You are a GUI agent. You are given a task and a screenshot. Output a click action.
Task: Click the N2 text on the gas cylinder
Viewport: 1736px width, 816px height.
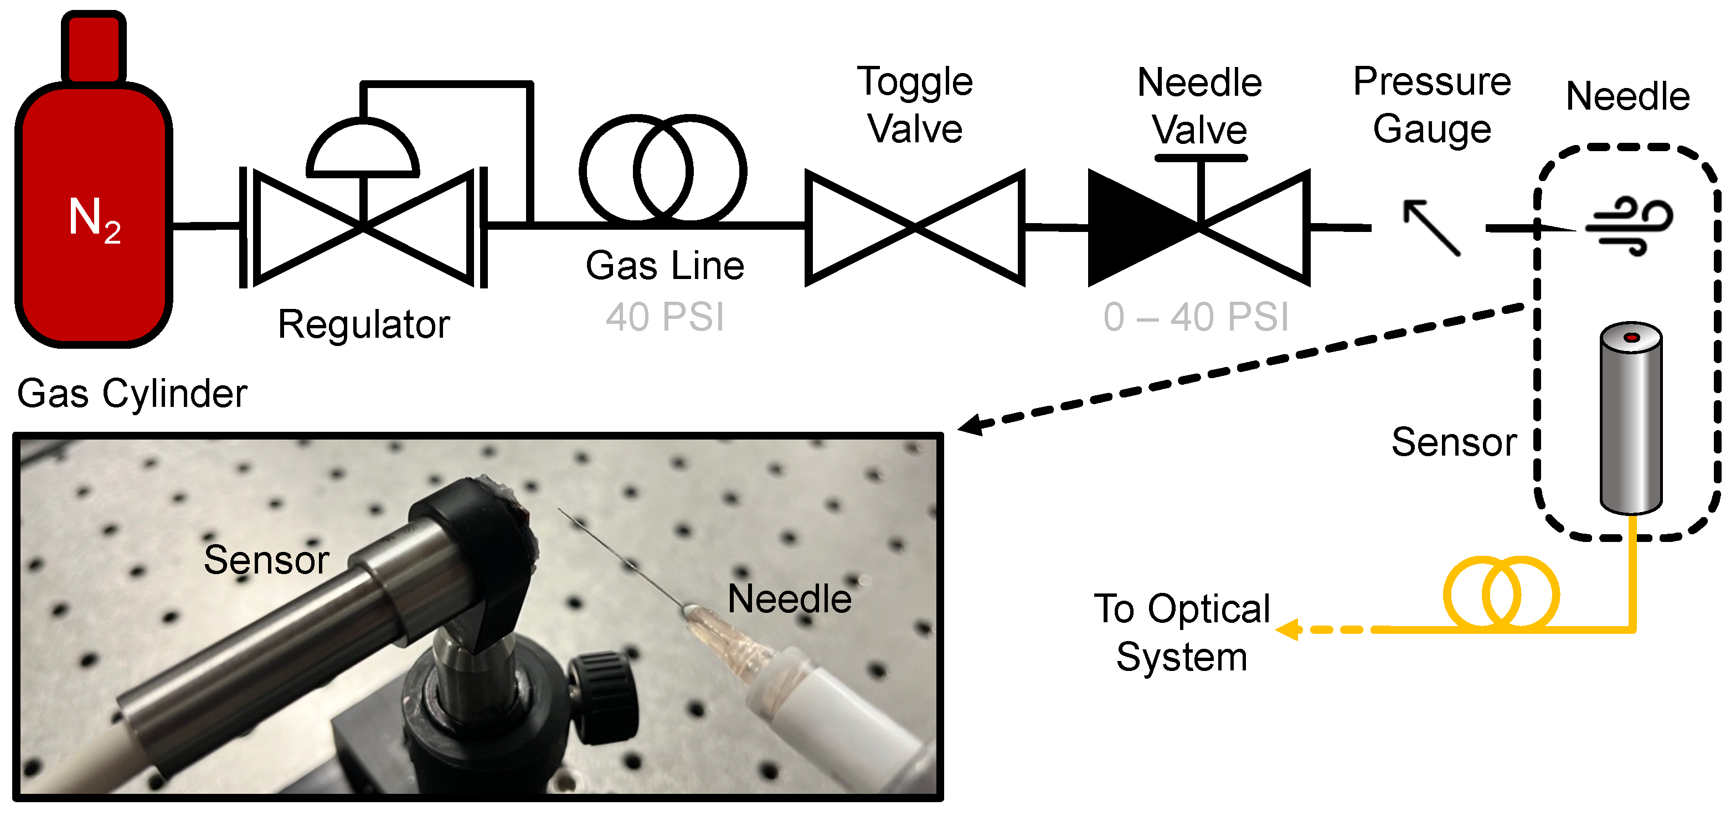pos(94,219)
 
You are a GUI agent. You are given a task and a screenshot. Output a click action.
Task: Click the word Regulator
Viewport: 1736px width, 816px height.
pos(363,325)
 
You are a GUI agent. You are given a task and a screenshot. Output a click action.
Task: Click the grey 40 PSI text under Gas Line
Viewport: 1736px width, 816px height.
pos(664,317)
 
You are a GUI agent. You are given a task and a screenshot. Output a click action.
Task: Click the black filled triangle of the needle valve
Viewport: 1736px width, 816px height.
pos(1132,228)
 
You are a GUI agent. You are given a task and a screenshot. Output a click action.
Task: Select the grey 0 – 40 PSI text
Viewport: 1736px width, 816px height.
pos(1196,317)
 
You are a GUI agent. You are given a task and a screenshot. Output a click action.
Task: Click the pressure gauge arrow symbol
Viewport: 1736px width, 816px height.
pos(1431,227)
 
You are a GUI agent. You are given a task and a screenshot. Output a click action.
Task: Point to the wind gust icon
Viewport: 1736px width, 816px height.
pos(1630,226)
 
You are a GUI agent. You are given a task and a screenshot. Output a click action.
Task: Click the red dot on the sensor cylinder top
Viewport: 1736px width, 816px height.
pos(1631,337)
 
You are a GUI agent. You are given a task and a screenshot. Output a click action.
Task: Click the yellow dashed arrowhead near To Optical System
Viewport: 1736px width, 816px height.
pos(1287,629)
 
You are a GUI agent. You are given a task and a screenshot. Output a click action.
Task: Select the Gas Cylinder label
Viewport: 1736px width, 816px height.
pos(132,394)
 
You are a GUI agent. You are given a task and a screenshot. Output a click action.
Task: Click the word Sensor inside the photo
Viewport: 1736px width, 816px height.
pos(266,559)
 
